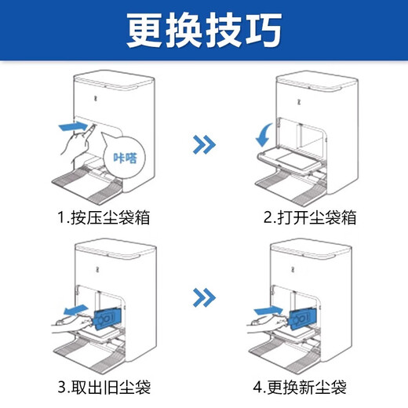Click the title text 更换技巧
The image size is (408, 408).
click(204, 31)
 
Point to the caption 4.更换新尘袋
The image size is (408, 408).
click(304, 386)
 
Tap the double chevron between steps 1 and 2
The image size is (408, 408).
click(204, 144)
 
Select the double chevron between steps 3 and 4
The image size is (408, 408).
click(204, 297)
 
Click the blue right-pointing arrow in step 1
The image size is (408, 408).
click(71, 126)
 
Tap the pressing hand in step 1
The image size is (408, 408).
click(76, 146)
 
